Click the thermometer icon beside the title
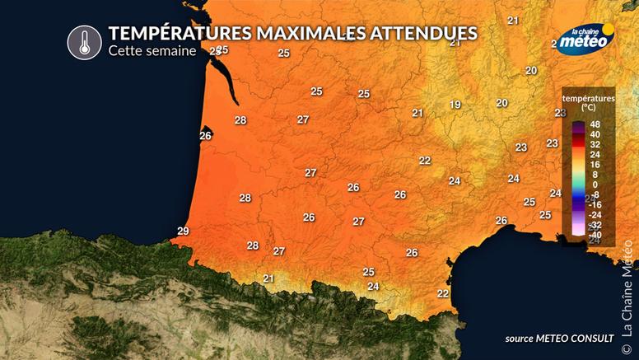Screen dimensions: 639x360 (84, 42)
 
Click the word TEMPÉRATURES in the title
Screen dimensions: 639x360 (167, 33)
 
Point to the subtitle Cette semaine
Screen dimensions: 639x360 (152, 51)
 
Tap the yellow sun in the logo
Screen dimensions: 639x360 (608, 35)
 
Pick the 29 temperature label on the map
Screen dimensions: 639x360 (183, 231)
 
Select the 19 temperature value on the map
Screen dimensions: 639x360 (455, 105)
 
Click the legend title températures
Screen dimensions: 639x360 (589, 98)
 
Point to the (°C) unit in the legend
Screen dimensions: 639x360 (588, 107)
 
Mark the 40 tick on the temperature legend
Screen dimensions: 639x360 (595, 134)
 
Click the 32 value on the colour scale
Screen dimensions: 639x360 (595, 144)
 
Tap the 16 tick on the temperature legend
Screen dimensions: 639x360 (595, 164)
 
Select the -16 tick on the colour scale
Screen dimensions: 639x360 (595, 204)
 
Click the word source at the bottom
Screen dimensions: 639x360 (523, 339)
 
